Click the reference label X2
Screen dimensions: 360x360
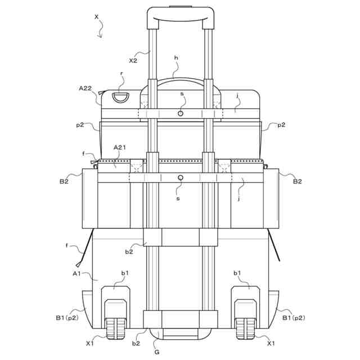pos(133,61)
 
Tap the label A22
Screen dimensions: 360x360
pos(85,88)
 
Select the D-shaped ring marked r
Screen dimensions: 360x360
pos(120,97)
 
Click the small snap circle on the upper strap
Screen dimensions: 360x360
pos(181,114)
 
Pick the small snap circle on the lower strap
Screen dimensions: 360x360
pos(181,178)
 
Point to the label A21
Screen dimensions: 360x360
pos(120,147)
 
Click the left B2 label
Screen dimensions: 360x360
pos(64,182)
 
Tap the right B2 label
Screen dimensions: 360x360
pos(298,182)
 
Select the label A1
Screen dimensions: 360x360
pos(76,273)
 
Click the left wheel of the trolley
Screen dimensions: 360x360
pos(116,328)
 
